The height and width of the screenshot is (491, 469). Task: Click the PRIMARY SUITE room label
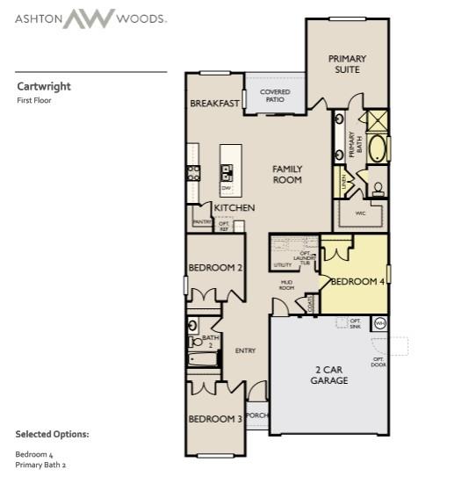click(x=347, y=64)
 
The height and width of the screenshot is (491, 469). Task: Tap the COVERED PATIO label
click(x=274, y=96)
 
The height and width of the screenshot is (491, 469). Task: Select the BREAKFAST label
click(x=214, y=104)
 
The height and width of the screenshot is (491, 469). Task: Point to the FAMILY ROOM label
click(x=287, y=174)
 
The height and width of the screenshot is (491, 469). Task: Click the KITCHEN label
click(x=234, y=207)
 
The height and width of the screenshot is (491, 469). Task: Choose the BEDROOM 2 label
click(x=214, y=267)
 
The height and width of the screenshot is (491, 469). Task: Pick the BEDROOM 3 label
click(x=214, y=419)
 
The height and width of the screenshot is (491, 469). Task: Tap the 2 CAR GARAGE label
click(x=329, y=375)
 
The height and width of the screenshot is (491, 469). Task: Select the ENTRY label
click(x=245, y=351)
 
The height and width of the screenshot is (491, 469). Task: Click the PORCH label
click(x=256, y=415)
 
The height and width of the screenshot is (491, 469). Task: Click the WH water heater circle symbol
click(x=379, y=324)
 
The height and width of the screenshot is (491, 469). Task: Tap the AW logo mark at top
click(x=88, y=18)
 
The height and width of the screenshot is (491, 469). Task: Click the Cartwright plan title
click(x=44, y=86)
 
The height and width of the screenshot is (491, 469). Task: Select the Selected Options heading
click(x=52, y=434)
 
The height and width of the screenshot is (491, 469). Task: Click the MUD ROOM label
click(x=286, y=285)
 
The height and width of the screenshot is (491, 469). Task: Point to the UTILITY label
click(x=282, y=264)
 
